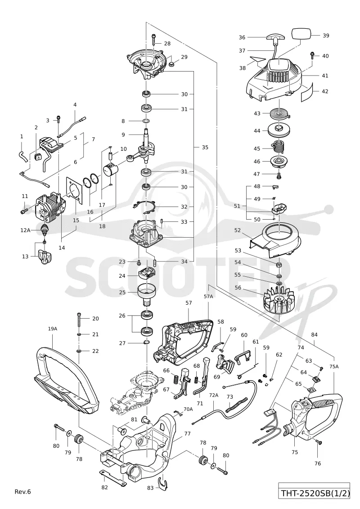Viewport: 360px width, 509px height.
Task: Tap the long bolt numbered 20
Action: tap(79, 320)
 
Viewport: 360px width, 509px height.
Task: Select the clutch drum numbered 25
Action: tap(147, 291)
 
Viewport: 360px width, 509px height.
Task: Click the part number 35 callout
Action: tap(205, 147)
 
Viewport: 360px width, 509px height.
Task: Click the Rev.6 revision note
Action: tap(22, 491)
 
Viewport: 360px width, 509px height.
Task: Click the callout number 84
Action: tap(314, 335)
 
